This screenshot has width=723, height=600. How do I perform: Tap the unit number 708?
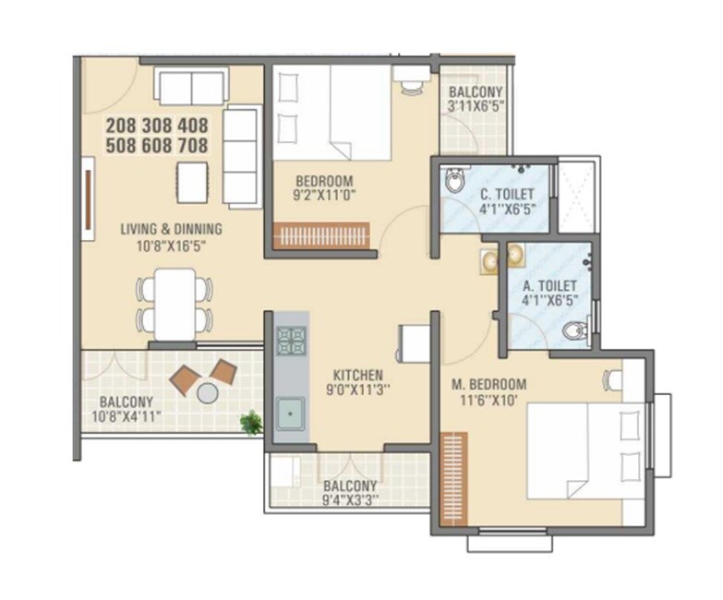point(191,146)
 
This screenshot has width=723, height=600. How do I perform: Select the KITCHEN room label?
point(358,376)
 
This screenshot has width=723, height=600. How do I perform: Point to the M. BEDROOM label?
point(489,384)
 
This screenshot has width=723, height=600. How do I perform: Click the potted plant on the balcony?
point(250,423)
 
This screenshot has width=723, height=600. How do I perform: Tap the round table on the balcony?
point(208,392)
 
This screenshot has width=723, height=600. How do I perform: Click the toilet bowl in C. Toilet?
point(454,182)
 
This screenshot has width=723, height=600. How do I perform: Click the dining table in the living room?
point(175,304)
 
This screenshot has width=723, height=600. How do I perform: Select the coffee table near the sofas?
point(192,182)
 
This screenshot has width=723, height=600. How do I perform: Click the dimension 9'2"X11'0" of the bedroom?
point(325,196)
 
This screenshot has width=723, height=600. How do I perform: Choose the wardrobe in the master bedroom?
point(451,479)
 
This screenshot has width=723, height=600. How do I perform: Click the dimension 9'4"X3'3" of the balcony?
point(350,501)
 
